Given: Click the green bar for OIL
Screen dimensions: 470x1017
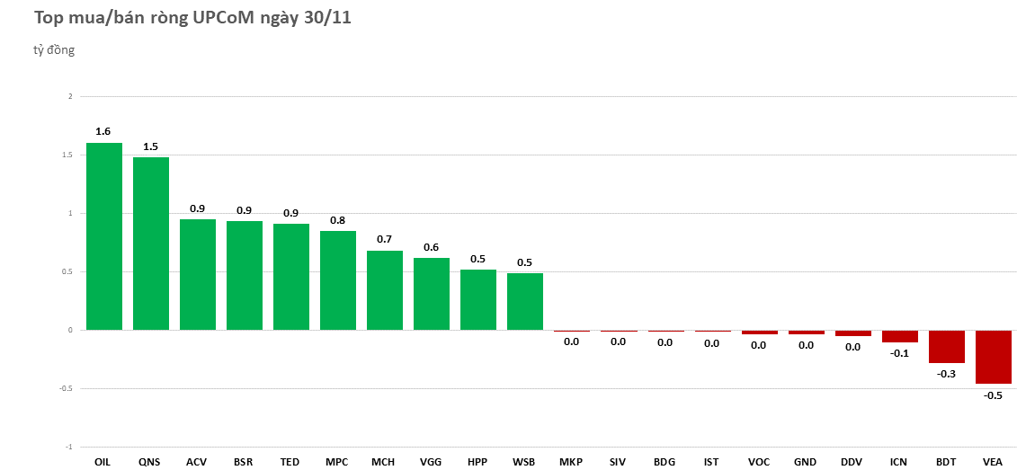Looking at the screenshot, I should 104,236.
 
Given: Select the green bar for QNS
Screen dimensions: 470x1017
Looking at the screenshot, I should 151,244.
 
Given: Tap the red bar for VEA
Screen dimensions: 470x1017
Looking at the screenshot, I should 993,357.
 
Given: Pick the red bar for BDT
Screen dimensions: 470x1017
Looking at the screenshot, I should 946,346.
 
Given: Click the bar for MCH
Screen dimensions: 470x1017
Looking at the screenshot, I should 385,290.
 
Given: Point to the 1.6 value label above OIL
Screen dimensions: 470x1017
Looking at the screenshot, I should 103,131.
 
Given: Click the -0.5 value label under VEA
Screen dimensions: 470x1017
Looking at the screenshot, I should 993,395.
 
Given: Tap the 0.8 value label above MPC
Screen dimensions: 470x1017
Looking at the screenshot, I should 337,220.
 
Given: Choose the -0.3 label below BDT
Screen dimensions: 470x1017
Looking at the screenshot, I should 946,374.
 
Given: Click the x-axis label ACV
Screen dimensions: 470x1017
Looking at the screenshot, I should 196,462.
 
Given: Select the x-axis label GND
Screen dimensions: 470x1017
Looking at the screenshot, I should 805,462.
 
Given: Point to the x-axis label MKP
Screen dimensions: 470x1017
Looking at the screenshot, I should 571,462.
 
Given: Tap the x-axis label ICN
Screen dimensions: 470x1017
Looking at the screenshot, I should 898,462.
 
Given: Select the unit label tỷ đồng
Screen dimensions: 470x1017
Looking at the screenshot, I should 54,50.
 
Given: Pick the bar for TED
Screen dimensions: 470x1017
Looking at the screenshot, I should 291,277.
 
